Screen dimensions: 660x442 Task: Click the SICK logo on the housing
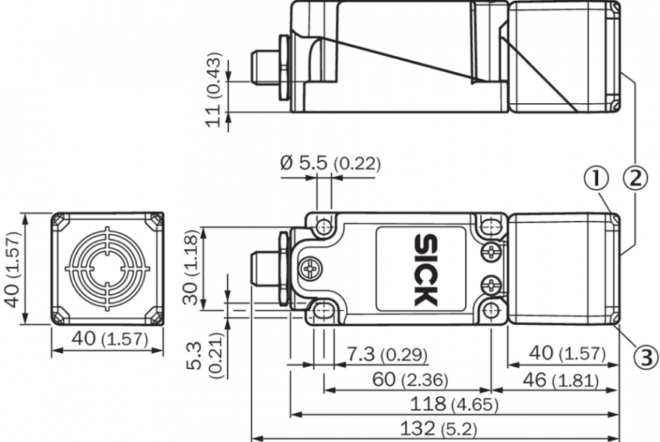coord(426,270)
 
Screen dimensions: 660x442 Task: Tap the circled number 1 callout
coord(596,178)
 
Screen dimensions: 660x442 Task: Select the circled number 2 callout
coord(635,178)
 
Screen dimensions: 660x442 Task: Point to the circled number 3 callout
coord(646,357)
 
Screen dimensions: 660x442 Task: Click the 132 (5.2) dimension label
coord(438,429)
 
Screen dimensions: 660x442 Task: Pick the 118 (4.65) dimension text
coord(454,404)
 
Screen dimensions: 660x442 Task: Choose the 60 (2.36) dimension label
coord(410,379)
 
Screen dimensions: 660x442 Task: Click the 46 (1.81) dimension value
coord(561,380)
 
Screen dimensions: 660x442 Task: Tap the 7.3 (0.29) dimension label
coord(387,354)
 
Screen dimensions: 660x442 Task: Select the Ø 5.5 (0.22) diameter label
coord(330,163)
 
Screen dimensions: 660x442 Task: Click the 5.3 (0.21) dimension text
coord(206,356)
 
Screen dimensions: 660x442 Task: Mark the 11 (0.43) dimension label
coord(214,89)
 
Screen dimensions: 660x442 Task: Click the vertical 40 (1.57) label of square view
coord(12,270)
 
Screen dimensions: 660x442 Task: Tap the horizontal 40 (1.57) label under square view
coord(110,338)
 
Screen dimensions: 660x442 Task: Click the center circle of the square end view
coord(108,269)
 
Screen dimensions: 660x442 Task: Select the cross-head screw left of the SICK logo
coord(312,269)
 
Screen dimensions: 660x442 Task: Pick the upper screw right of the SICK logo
coord(491,253)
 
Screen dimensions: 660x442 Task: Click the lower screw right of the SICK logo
coord(491,286)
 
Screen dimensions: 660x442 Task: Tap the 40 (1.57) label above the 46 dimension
coord(567,353)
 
